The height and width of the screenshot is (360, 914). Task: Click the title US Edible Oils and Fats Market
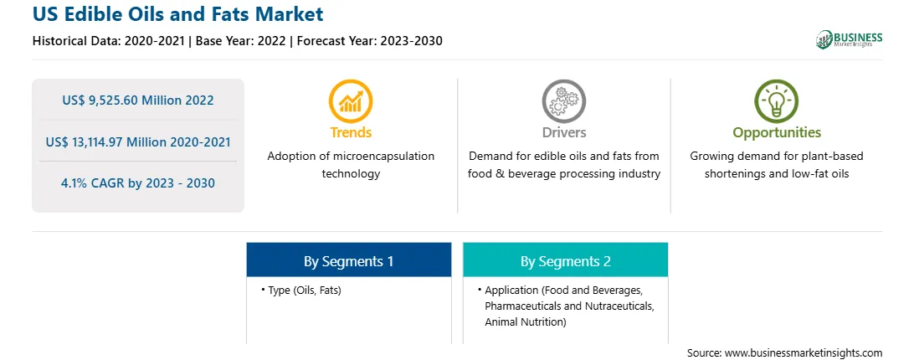[177, 14]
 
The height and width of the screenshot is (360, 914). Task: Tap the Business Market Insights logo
[849, 39]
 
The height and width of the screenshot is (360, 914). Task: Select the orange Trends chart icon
[351, 101]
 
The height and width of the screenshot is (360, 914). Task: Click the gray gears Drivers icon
[563, 101]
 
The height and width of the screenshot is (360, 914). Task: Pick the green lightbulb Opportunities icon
[777, 101]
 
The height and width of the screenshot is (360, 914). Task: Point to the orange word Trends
[351, 132]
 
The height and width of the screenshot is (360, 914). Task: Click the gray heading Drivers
[563, 132]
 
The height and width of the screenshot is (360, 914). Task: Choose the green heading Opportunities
[777, 133]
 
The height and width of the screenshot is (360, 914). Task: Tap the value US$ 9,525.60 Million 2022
[137, 100]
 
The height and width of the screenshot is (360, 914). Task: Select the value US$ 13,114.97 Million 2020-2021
[137, 141]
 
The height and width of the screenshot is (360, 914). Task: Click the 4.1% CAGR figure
[137, 183]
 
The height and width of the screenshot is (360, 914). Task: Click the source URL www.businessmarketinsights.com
[803, 352]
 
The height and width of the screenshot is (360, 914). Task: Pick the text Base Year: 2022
[240, 41]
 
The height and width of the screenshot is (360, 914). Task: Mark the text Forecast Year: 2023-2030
[369, 41]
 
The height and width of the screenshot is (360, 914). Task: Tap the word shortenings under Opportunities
[735, 174]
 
